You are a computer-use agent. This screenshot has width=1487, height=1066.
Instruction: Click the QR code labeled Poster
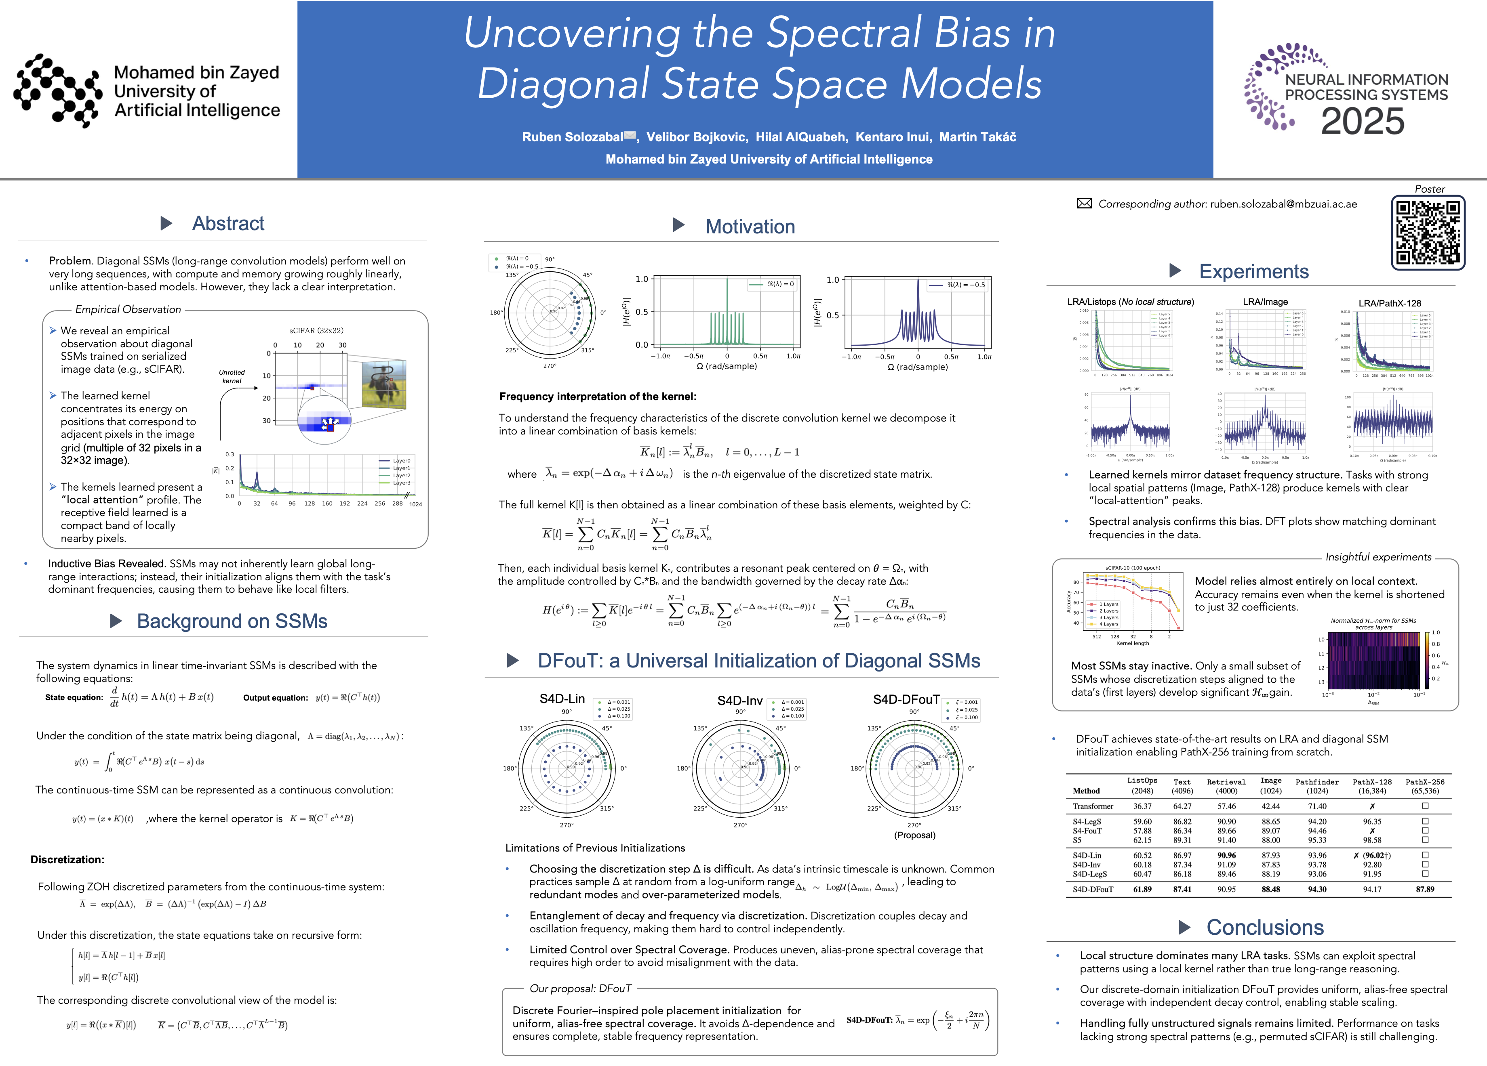click(x=1428, y=233)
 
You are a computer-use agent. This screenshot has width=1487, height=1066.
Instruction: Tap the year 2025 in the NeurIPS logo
click(x=1363, y=122)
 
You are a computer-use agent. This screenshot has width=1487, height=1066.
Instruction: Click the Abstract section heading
click(x=227, y=223)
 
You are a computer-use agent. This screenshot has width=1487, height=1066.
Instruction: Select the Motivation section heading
click(x=750, y=227)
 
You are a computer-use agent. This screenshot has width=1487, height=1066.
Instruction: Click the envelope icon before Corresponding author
click(x=1085, y=204)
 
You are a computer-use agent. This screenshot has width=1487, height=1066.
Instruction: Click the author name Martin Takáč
click(x=977, y=137)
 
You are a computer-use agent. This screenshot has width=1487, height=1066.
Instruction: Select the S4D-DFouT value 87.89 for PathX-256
click(x=1425, y=889)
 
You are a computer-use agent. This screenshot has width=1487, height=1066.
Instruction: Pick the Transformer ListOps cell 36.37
click(x=1142, y=806)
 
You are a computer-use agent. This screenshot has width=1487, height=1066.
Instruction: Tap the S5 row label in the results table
click(x=1077, y=840)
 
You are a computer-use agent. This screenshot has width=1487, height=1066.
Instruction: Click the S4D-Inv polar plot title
click(x=739, y=701)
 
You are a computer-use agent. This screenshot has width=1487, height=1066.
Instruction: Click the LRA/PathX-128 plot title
click(x=1389, y=303)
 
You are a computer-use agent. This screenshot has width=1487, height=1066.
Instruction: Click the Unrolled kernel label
click(x=232, y=376)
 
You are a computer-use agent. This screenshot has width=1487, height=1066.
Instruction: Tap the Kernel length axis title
click(x=1132, y=643)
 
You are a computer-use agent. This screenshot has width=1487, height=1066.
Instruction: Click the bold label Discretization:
click(x=67, y=860)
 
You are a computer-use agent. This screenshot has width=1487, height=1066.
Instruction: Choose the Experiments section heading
click(x=1253, y=271)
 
